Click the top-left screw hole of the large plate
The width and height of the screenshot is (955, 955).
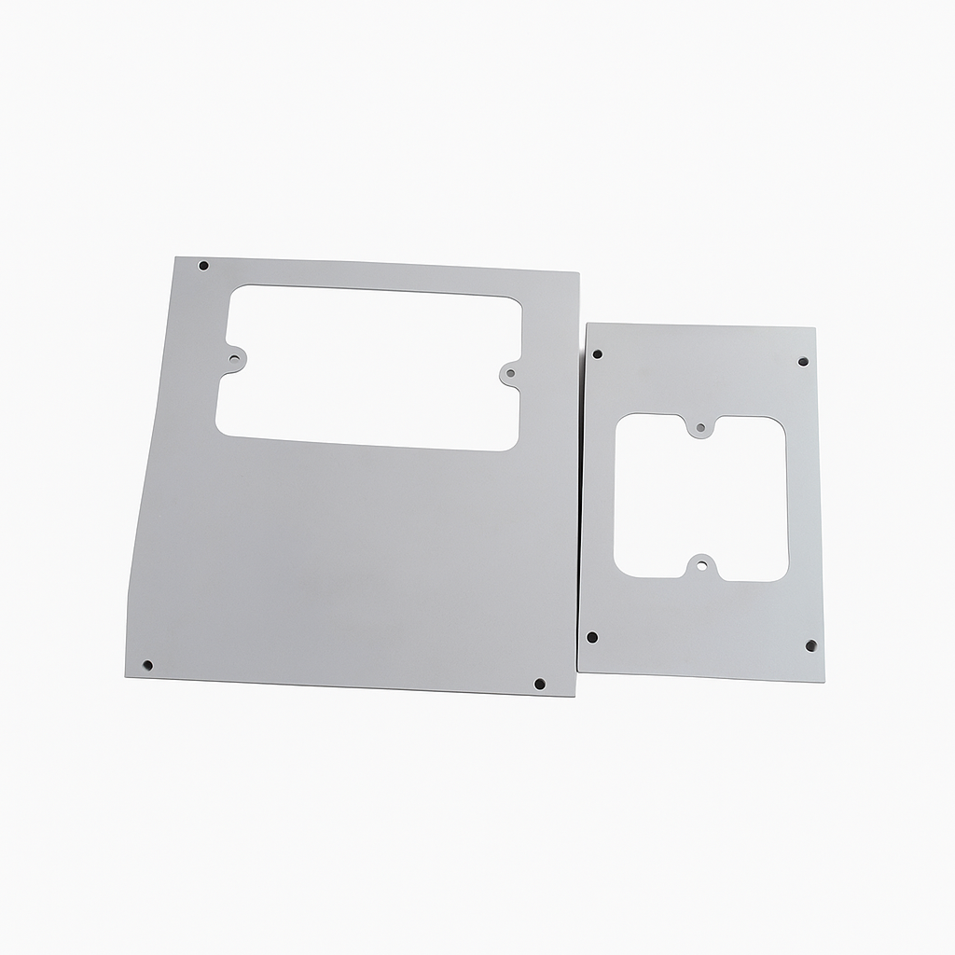(x=203, y=266)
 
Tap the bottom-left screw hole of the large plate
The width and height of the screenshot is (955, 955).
(x=147, y=666)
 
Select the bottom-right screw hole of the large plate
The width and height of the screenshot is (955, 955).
(x=539, y=684)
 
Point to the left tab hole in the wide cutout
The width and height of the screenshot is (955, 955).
(x=234, y=359)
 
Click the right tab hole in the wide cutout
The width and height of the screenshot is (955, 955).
(x=509, y=375)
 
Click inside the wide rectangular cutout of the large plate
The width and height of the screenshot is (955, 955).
(x=368, y=368)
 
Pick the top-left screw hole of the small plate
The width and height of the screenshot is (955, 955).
(x=597, y=354)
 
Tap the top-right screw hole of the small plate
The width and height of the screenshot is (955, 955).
(x=802, y=361)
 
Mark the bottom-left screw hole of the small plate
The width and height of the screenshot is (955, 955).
(x=591, y=637)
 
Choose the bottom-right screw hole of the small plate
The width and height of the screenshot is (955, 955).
(x=810, y=645)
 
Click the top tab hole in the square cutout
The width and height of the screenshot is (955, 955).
(x=700, y=428)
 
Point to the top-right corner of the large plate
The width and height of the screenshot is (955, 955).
(x=578, y=274)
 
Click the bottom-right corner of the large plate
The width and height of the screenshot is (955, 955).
(x=575, y=696)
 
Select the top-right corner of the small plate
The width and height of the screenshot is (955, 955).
(x=815, y=328)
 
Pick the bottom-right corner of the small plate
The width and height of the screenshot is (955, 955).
(x=824, y=681)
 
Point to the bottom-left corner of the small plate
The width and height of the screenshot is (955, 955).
(x=578, y=669)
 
